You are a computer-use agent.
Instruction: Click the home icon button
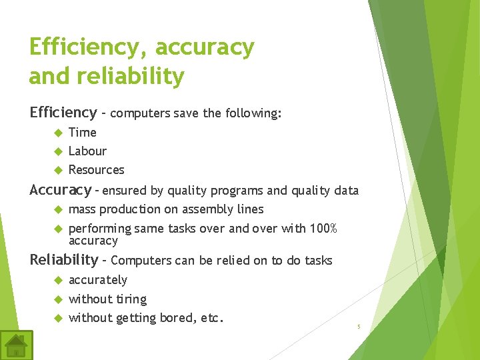16,345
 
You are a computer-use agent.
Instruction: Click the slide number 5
359,327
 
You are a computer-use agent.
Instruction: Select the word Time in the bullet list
83,133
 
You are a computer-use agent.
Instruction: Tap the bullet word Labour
87,151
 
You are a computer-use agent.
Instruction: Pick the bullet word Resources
97,170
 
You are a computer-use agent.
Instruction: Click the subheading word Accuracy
60,191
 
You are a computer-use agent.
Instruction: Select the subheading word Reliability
63,260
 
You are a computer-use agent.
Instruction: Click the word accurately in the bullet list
98,280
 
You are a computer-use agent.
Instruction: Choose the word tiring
131,299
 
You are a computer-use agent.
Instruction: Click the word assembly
203,210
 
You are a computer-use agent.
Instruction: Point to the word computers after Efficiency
140,114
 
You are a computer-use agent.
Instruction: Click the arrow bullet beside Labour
57,151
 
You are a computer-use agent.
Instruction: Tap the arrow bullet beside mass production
57,209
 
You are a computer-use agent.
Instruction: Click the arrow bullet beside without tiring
57,299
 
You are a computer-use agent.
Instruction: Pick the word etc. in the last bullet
211,318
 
